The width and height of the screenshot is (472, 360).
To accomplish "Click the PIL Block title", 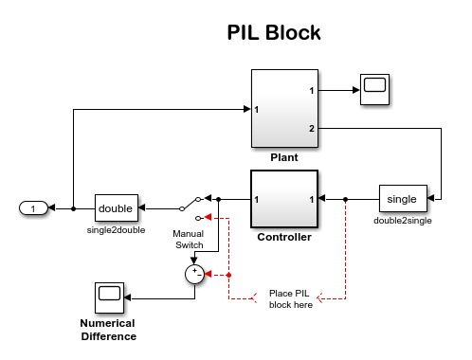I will (274, 32).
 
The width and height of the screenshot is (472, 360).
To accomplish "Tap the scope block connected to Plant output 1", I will (376, 89).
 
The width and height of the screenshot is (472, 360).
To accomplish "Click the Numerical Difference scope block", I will (109, 297).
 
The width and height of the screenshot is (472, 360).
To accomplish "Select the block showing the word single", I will (402, 199).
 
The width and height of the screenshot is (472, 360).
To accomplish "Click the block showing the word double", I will (116, 207).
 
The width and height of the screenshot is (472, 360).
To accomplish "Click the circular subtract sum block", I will (194, 274).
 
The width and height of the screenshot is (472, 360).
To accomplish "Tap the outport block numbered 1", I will (33, 207).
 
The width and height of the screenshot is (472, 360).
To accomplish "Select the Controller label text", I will (284, 237).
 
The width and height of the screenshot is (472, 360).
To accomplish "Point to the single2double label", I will (116, 229).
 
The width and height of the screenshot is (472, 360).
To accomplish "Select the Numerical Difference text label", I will (108, 330).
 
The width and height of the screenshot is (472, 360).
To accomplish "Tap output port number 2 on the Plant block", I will (312, 127).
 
